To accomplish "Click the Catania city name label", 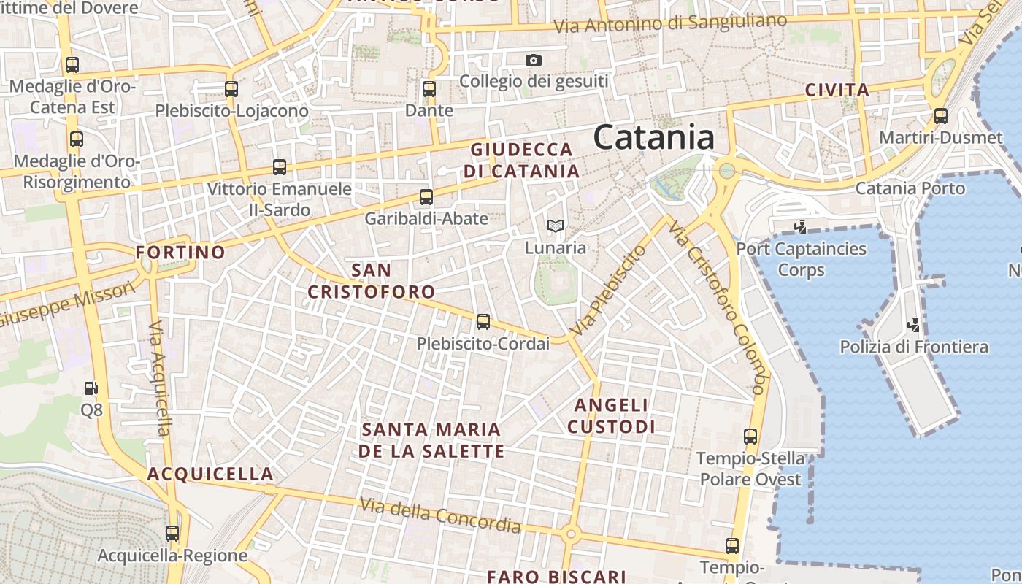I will tap(653, 137).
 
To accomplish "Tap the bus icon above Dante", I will tap(429, 89).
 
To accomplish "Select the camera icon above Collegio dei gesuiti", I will tap(534, 60).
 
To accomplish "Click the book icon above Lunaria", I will tap(556, 226).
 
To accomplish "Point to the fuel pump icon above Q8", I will tap(91, 388).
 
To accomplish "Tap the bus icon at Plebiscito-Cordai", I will tap(483, 321).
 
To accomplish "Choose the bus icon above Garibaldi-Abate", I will tap(426, 196).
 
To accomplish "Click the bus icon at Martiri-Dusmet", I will tap(941, 115).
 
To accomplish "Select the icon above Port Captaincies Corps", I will tap(801, 226).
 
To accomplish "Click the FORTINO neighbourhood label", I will tap(181, 253).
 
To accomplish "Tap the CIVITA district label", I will tap(837, 91).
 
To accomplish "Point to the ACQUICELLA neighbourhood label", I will tap(210, 474).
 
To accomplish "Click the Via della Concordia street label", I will tap(440, 515).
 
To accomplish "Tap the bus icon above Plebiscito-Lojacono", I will tap(231, 89).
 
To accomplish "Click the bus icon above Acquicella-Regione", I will tap(172, 534).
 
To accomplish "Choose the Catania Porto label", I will tap(910, 188).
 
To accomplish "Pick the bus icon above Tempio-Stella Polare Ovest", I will tap(750, 437).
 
